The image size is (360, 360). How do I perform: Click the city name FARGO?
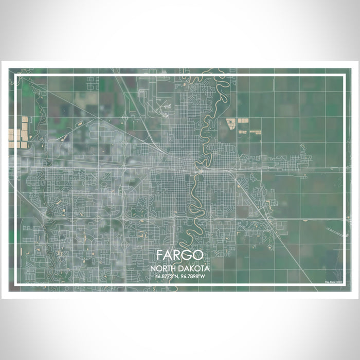179,255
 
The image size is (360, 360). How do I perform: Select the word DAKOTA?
192,268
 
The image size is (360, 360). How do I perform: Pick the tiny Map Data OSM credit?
333,281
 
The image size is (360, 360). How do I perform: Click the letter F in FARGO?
160,255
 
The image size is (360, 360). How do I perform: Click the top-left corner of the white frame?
16,76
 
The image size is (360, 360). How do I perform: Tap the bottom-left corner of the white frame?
16,284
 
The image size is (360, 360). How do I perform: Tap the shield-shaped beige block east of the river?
230,123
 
